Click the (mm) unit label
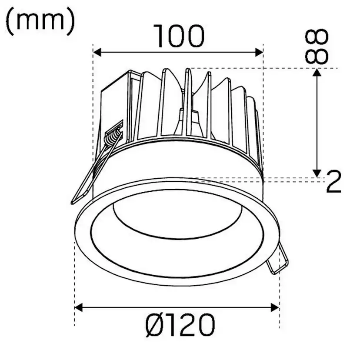[x=40, y=22]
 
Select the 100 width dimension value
[x=178, y=37]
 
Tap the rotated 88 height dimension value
[x=317, y=47]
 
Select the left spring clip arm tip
[x=73, y=201]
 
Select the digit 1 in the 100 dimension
[x=159, y=37]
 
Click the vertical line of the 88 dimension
[x=317, y=122]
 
